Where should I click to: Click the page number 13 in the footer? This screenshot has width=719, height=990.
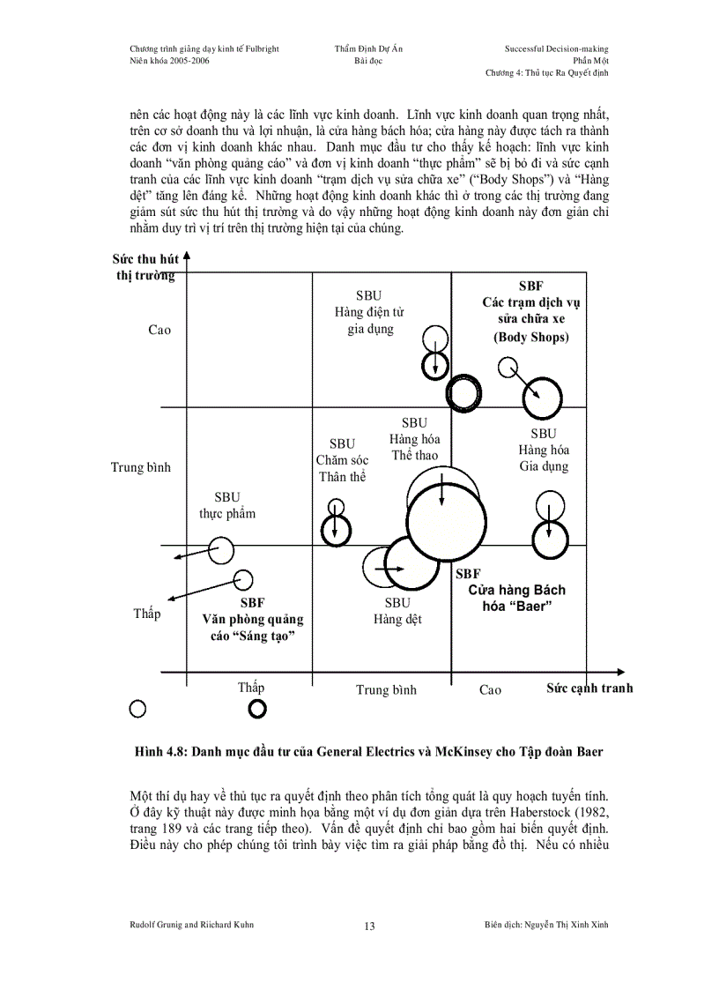[x=369, y=927]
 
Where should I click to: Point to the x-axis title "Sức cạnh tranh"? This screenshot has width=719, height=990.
[x=589, y=688]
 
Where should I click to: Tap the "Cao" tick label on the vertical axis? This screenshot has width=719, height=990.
[x=159, y=330]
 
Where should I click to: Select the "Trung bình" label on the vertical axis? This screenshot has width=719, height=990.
[x=141, y=467]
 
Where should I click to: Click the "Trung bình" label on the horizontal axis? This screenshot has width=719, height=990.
[x=386, y=689]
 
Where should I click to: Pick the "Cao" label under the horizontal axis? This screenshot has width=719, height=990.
[x=490, y=689]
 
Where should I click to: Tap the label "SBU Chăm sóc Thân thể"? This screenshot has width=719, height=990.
[x=342, y=460]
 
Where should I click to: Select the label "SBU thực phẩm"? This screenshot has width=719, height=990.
[x=227, y=506]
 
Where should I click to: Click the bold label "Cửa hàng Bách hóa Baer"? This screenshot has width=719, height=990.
[x=516, y=598]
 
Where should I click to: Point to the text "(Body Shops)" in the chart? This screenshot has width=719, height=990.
[x=531, y=337]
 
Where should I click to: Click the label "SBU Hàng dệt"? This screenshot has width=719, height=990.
[x=397, y=611]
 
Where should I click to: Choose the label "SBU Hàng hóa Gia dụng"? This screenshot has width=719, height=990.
[x=544, y=450]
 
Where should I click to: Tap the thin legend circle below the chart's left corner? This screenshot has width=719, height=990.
[x=137, y=707]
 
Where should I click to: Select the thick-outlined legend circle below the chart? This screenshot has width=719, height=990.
[x=257, y=708]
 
